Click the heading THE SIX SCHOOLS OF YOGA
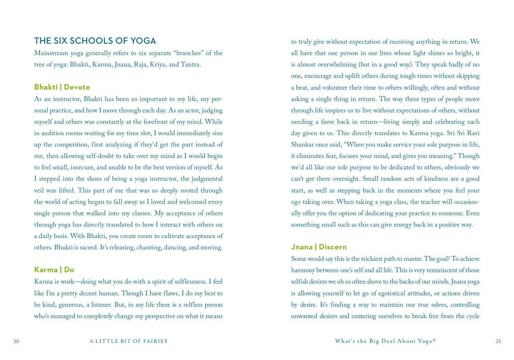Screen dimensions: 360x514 (x=95, y=41)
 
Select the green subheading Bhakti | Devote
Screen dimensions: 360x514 (x=62, y=87)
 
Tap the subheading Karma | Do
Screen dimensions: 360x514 (x=54, y=270)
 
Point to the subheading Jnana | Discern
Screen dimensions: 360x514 (x=319, y=247)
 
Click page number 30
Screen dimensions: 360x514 (x=16, y=341)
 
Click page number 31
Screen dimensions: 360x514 (x=498, y=341)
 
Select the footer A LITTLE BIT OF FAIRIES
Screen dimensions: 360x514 (x=128, y=341)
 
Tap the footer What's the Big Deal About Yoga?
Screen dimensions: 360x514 (x=385, y=341)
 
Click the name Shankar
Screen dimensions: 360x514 (x=304, y=145)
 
